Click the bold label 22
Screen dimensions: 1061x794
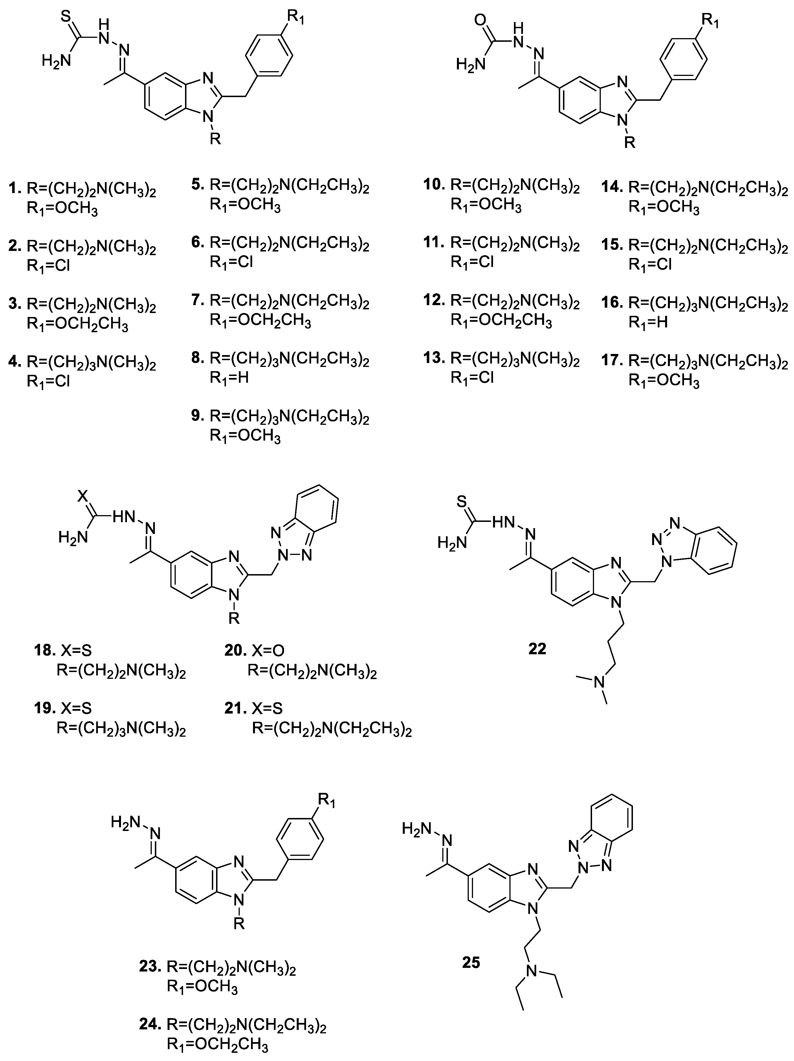[537, 649]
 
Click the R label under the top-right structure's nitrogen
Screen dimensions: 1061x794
[630, 143]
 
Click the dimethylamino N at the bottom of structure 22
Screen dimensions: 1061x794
[598, 682]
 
